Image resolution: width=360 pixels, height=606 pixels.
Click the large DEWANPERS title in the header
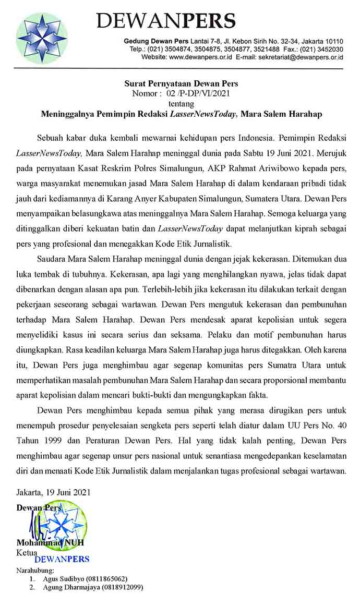point(166,21)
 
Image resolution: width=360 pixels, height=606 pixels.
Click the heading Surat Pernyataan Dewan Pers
point(181,83)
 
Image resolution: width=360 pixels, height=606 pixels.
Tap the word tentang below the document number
point(181,103)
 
